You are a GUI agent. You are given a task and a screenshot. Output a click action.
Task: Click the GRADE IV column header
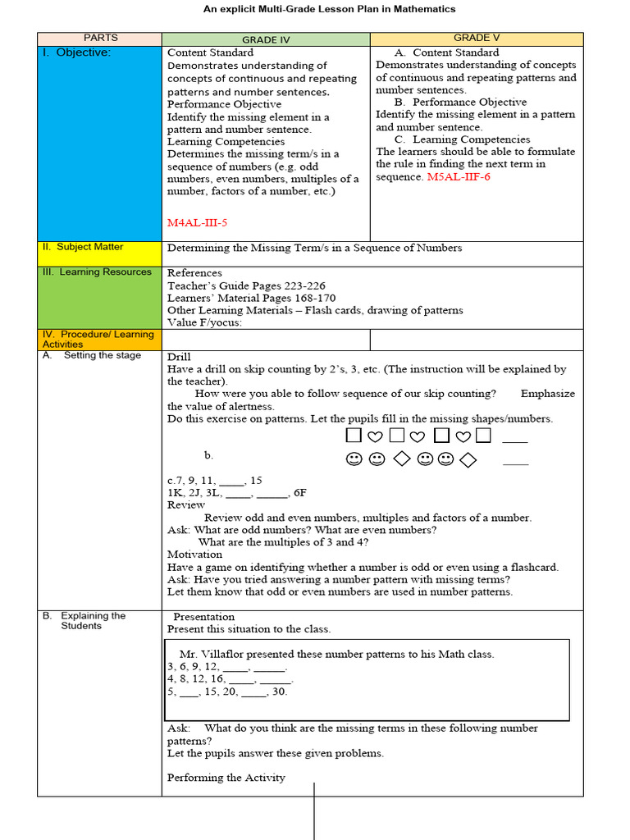266,39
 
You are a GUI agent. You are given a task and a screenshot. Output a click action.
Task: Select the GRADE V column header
477,39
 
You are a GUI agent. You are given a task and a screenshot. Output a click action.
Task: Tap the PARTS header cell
100,39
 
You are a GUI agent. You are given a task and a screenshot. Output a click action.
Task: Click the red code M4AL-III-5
197,222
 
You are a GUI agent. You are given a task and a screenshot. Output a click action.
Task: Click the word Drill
179,357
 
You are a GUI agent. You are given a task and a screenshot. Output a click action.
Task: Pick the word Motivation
194,555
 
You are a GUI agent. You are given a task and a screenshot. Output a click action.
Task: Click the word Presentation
203,617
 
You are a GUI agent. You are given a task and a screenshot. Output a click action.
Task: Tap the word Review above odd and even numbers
185,505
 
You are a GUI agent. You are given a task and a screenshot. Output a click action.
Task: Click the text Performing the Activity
226,778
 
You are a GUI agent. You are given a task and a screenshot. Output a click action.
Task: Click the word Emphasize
547,394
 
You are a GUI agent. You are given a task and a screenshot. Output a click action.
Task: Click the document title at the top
329,9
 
